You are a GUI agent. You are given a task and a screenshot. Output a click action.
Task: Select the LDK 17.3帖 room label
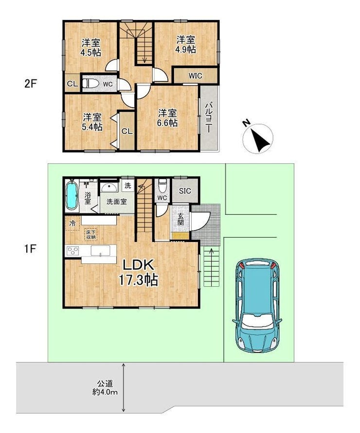(x=138, y=273)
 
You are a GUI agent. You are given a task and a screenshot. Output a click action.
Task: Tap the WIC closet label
(x=195, y=76)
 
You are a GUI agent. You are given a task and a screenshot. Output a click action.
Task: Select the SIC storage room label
(x=185, y=191)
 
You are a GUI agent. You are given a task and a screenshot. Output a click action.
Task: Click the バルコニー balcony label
(x=209, y=118)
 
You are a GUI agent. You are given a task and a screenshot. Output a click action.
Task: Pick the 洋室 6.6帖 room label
(x=167, y=118)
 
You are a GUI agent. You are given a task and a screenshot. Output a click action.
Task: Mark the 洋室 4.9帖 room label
(x=186, y=44)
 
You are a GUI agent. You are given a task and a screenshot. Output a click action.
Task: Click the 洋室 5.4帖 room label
(x=92, y=122)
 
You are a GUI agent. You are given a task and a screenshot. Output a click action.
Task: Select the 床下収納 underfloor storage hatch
(x=91, y=234)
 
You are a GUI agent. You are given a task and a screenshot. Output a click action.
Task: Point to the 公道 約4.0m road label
(x=105, y=388)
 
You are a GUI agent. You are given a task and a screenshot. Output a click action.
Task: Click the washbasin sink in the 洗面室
(x=109, y=187)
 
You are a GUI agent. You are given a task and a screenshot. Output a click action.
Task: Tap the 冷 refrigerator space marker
(x=72, y=223)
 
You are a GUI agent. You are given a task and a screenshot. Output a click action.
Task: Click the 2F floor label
(x=31, y=84)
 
